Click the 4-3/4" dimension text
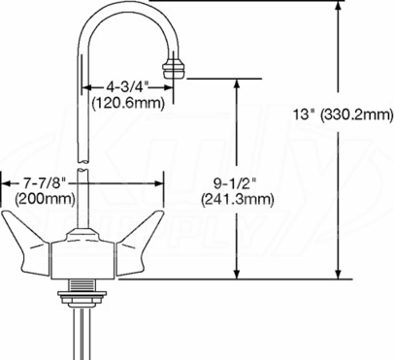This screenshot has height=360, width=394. click(x=128, y=86)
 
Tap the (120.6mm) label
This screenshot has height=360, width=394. click(x=128, y=103)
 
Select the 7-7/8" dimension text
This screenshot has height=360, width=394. click(x=45, y=183)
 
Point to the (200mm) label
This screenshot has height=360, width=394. click(x=45, y=199)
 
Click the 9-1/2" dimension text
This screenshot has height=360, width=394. click(x=235, y=183)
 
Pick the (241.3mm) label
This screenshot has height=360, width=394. click(x=238, y=199)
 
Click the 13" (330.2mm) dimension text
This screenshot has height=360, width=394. click(x=344, y=115)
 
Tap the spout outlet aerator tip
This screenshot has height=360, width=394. click(x=173, y=68)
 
